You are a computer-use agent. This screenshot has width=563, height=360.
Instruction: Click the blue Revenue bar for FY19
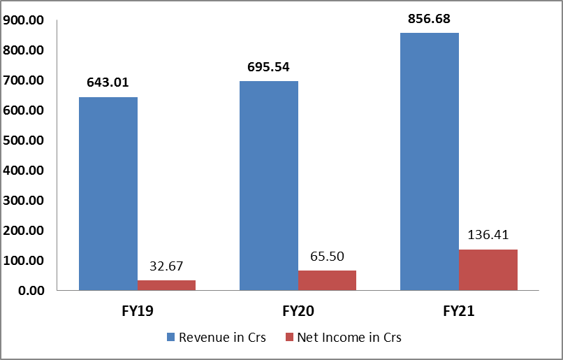pos(108,194)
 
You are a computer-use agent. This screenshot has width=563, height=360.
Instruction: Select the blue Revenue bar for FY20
pos(268,185)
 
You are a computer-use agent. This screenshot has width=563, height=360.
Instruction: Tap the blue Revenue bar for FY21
pos(429,161)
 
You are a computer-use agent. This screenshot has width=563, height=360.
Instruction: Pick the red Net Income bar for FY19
pos(166,285)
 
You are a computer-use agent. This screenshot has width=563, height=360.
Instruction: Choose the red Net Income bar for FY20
pos(327,280)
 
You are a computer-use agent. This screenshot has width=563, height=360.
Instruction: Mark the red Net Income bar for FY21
pos(488,270)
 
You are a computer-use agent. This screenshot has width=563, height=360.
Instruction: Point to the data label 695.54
pos(268,67)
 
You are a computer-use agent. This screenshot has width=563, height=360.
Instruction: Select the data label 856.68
pos(429,19)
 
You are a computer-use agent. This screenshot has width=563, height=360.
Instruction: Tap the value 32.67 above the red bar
pos(166,266)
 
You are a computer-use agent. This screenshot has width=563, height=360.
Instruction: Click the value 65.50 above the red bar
pos(327,257)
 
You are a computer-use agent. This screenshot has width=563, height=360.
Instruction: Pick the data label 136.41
pos(488,235)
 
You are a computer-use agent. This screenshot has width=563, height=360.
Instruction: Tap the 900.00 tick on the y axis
pos(23,21)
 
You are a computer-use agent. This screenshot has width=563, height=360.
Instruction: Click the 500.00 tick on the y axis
pos(23,141)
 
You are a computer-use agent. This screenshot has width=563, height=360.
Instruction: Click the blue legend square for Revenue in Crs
pos(170,338)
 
